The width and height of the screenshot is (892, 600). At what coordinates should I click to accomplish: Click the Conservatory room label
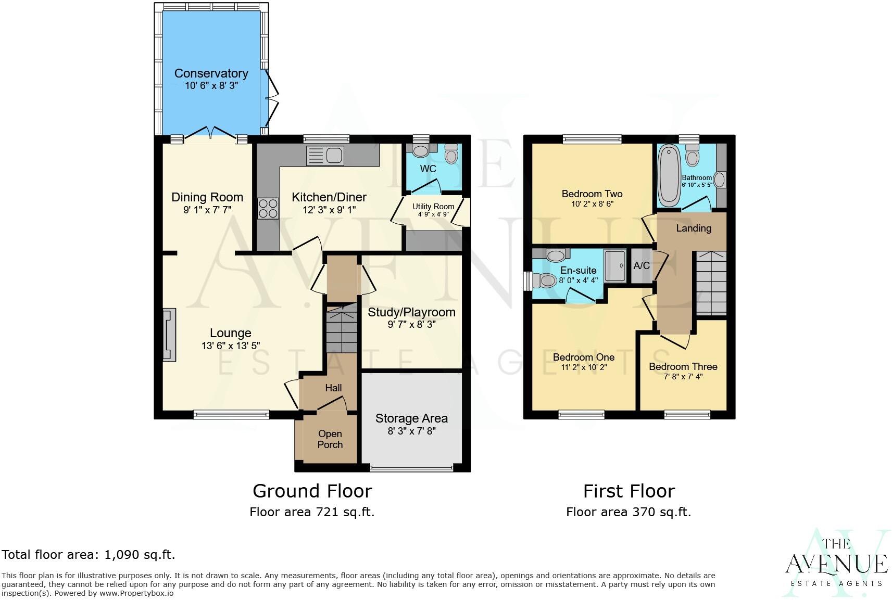pos(211,73)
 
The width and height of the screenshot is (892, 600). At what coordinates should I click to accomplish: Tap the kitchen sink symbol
pos(325,156)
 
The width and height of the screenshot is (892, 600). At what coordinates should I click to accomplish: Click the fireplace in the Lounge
pos(169,335)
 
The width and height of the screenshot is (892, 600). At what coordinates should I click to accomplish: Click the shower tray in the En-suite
pos(617,265)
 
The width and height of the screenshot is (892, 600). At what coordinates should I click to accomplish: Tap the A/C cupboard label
pos(642,266)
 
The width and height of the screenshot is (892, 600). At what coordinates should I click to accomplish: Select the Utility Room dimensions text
pos(433,214)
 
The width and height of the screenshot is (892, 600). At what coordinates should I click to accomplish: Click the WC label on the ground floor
pos(428,169)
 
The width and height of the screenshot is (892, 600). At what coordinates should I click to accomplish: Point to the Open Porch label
pos(330,439)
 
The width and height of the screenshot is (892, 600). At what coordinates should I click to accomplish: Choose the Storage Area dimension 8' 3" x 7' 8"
pos(411,431)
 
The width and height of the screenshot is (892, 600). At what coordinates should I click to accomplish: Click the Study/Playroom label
pos(411,312)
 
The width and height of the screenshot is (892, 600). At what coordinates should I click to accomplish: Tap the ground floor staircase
pos(341,330)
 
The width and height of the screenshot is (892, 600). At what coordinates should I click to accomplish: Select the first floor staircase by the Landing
pos(711,284)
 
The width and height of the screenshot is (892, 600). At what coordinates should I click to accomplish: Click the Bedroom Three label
pos(683,366)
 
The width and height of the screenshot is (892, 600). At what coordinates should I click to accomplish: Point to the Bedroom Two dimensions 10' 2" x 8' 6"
pos(592,204)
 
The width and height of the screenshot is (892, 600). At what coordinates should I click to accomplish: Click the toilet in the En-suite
pos(546,280)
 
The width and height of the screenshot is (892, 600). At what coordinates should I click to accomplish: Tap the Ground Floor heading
pos(312,491)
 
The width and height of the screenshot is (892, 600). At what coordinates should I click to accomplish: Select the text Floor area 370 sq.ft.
pos(629,512)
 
